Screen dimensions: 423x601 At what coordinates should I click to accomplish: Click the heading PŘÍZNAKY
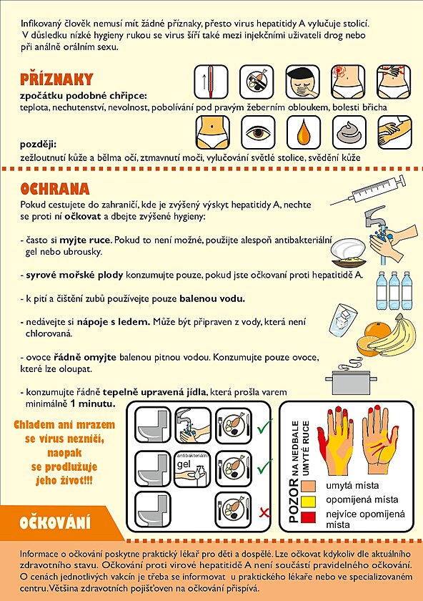tap(56, 79)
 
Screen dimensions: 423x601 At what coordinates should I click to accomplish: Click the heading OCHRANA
tap(55, 189)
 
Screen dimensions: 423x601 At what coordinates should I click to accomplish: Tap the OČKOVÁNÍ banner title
tap(55, 523)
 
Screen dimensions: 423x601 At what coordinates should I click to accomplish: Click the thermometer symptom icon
tap(211, 82)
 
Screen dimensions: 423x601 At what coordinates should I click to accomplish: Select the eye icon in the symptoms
tap(258, 132)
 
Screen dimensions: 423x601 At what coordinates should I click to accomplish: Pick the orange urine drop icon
tap(303, 132)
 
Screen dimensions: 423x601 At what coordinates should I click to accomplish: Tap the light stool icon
tap(349, 132)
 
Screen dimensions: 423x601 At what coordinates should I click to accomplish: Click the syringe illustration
tap(367, 190)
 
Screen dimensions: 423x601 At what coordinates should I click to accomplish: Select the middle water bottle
tap(394, 290)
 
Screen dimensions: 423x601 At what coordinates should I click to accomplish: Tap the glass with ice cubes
tap(342, 321)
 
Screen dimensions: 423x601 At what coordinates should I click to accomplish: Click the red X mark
tap(264, 512)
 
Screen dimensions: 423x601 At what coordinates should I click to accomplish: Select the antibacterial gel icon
tap(192, 468)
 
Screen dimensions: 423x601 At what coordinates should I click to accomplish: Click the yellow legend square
tap(308, 502)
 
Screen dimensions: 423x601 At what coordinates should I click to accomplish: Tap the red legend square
tap(308, 517)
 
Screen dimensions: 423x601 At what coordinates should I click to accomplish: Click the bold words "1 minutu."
tap(92, 404)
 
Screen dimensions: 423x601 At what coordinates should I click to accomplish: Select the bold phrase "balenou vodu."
tap(212, 298)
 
